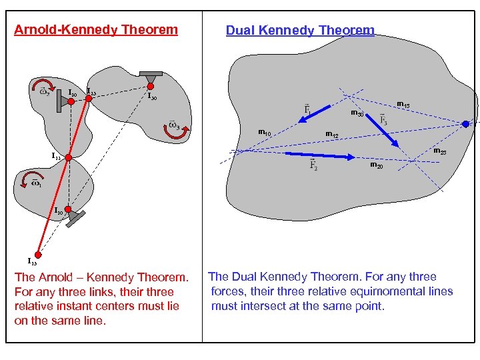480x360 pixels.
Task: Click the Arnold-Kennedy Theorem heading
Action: [x=96, y=29]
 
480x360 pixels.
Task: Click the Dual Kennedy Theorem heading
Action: [x=300, y=31]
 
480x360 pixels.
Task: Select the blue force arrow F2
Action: [x=319, y=155]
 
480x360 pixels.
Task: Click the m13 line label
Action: [x=403, y=104]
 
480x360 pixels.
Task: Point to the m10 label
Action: [x=264, y=133]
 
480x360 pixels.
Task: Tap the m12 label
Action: [x=331, y=136]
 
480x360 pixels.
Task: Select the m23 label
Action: [x=440, y=153]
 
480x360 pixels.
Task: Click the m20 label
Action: [x=376, y=165]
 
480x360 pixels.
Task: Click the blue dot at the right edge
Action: [x=465, y=123]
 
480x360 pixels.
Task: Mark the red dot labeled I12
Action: [x=67, y=157]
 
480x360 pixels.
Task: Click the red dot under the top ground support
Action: [x=151, y=85]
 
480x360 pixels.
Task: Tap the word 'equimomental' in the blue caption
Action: [x=362, y=291]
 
